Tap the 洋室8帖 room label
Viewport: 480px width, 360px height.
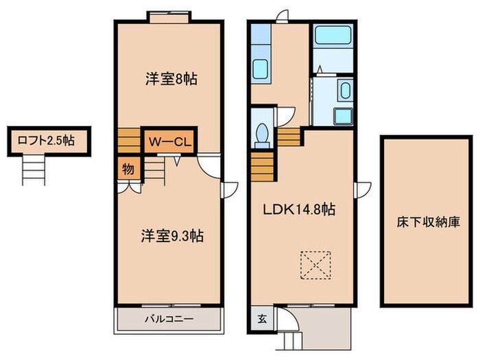(x=171, y=79)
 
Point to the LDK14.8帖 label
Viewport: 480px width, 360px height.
(x=300, y=210)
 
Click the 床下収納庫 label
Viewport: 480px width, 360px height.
(x=428, y=222)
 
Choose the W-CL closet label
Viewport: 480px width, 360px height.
(x=169, y=143)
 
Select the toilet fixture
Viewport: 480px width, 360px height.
(x=261, y=134)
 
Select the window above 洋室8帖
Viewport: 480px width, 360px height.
(x=168, y=17)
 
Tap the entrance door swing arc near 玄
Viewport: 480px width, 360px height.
(x=291, y=320)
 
